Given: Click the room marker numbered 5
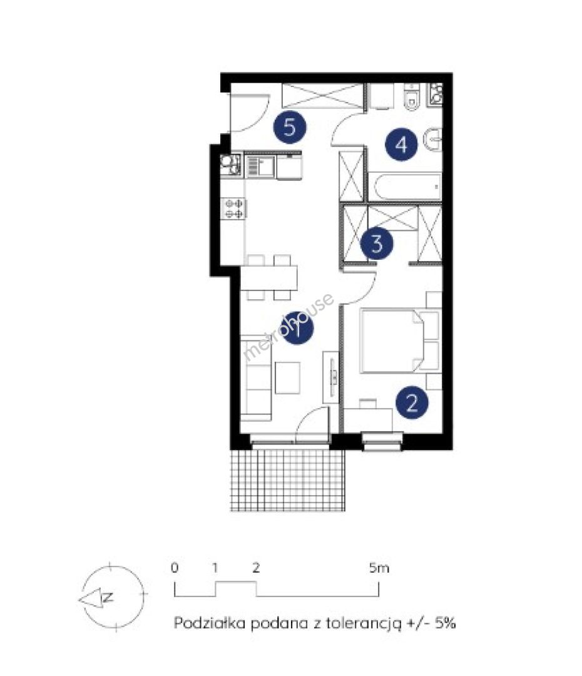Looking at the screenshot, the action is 290,127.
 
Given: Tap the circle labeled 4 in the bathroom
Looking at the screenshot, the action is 401,145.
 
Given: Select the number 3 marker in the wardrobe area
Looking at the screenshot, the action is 377,244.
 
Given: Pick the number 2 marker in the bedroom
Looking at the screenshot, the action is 412,402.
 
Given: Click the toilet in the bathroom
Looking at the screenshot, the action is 412,97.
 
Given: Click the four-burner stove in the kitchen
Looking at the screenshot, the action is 233,208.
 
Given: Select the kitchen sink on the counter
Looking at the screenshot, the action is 260,166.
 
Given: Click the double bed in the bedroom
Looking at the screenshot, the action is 393,340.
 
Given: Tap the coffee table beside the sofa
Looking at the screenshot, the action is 287,377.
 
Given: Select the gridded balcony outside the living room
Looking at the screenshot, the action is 287,480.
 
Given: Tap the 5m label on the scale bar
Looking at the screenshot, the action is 379,568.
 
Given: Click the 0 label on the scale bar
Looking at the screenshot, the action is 174,568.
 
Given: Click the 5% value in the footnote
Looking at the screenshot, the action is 446,623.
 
